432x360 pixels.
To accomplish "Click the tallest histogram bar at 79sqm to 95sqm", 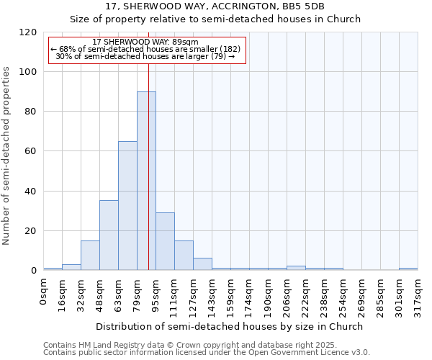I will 146,181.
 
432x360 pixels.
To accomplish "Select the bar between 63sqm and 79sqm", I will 127,205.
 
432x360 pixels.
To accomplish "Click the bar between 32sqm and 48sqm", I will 90,256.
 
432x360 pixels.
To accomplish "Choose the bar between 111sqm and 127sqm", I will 184,256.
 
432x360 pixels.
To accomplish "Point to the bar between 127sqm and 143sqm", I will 202,264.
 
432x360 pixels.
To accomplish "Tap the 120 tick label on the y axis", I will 28,32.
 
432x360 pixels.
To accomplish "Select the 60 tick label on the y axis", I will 31,151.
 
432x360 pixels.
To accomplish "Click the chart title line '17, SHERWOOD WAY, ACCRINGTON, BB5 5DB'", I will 215,6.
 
